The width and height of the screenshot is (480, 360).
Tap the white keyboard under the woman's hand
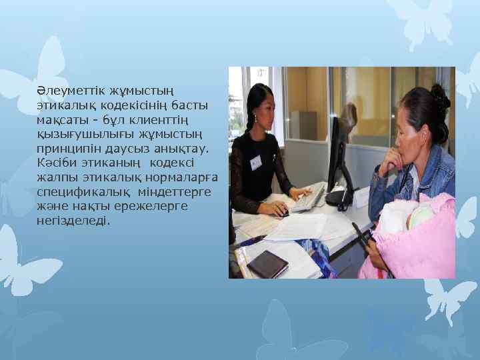click(x=308, y=199)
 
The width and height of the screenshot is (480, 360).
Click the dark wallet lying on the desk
click(x=267, y=263)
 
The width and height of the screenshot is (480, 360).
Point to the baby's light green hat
click(x=421, y=215)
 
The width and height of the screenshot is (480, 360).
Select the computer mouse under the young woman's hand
click(x=283, y=213)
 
